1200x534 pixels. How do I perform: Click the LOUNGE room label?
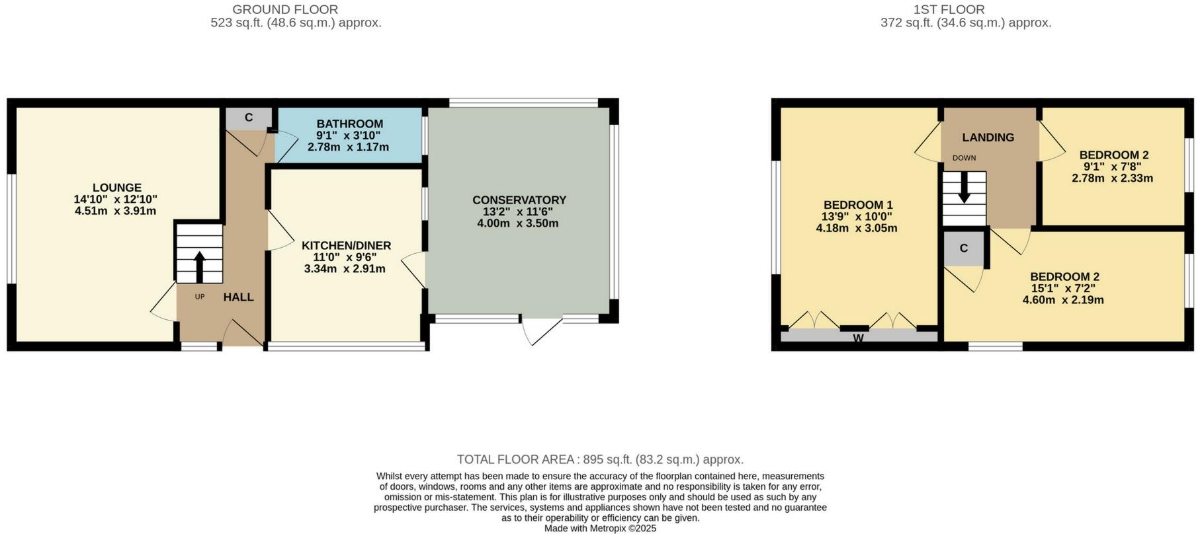coord(116,188)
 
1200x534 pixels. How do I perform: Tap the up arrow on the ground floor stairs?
coord(198,266)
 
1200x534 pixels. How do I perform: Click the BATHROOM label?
coord(349,124)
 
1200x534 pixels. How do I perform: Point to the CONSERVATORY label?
coord(519,200)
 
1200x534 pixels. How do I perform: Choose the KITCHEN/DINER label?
coord(346,245)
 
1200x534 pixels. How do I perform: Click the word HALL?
coord(238,297)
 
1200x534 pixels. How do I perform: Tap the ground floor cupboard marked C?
coord(249,118)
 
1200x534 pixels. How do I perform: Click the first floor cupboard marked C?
coord(963,248)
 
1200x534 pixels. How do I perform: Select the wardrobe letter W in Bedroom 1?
coord(858,338)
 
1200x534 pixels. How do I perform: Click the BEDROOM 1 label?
coord(857,204)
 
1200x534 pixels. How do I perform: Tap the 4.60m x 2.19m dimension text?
coord(1063,299)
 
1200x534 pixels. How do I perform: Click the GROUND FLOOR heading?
coord(285,9)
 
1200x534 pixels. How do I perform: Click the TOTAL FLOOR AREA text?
coord(516,459)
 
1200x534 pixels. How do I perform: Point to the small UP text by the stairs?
coord(200,297)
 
